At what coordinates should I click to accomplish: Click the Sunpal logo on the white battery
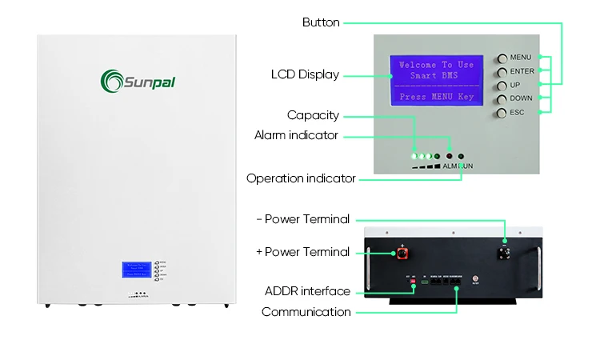click(x=137, y=80)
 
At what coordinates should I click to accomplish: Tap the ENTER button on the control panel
click(x=502, y=72)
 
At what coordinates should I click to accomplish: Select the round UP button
click(x=502, y=86)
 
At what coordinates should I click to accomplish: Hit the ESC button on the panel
click(x=502, y=113)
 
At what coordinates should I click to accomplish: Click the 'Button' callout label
click(x=321, y=22)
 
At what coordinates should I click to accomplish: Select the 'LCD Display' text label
click(x=305, y=75)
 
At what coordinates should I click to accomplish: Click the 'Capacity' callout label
click(x=313, y=116)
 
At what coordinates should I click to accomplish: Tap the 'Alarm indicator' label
click(x=296, y=135)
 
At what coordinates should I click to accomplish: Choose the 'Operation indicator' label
click(x=301, y=178)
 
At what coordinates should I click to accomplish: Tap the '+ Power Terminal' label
click(x=302, y=252)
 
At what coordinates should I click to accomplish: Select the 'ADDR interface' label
click(x=307, y=291)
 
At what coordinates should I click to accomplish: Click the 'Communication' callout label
click(x=306, y=312)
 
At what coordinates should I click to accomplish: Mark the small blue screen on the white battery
click(x=135, y=270)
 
